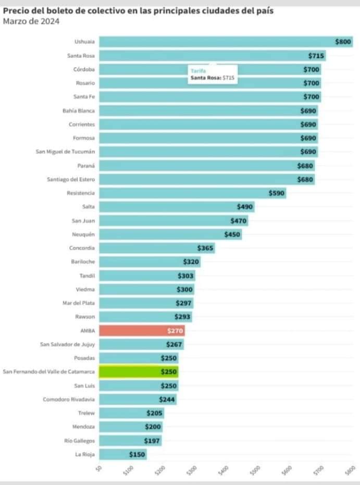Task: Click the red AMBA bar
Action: [x=141, y=330]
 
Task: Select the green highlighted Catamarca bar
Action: [x=138, y=371]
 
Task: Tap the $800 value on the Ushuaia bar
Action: [x=343, y=42]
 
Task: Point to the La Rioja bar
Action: [x=122, y=454]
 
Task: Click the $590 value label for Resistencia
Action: [x=277, y=193]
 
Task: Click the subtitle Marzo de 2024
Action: [x=31, y=21]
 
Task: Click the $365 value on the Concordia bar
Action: [x=205, y=248]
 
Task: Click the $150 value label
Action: [x=138, y=454]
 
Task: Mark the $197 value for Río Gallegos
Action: [x=153, y=441]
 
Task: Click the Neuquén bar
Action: [x=170, y=234]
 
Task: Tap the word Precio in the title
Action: [x=16, y=10]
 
